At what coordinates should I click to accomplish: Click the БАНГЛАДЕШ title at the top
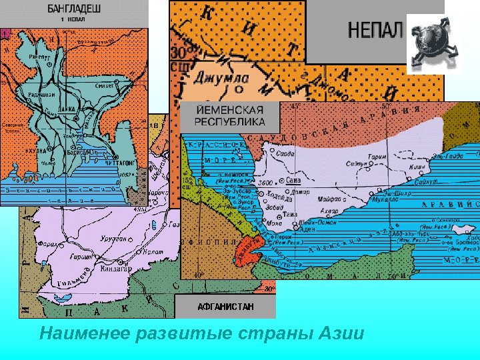[x=73, y=9]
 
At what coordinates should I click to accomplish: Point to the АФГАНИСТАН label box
[x=225, y=307]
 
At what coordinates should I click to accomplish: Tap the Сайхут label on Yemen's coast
[x=427, y=180]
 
